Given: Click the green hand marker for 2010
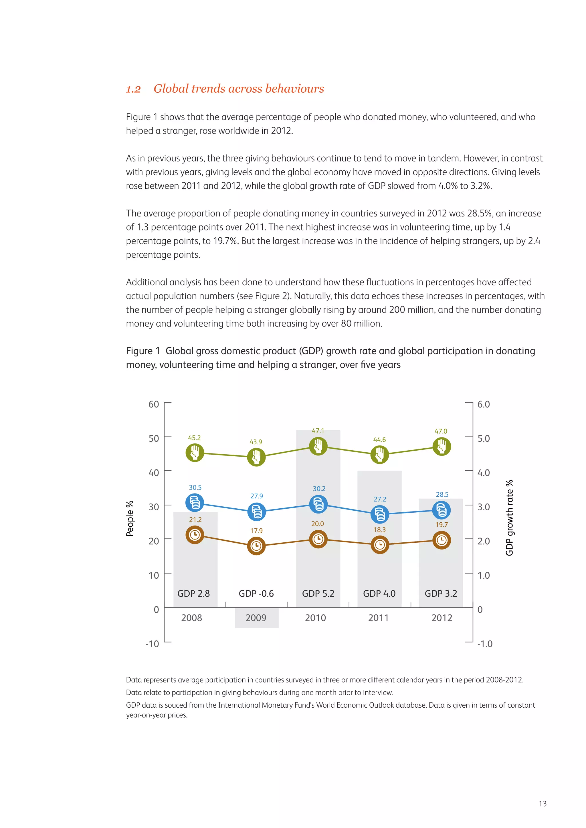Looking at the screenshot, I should tap(318, 447).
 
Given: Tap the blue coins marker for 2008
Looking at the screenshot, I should tap(195, 503).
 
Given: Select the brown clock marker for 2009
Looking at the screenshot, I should tap(256, 546).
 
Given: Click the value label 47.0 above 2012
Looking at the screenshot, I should tap(441, 431).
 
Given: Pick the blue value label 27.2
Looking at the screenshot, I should tap(380, 499).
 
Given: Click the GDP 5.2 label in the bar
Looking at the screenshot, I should tap(318, 594).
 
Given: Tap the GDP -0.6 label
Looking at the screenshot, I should tap(256, 594).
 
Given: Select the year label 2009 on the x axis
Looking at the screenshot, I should tap(256, 618).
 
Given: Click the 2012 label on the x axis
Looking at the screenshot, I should tap(442, 618).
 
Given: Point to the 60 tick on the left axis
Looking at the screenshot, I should tap(154, 404).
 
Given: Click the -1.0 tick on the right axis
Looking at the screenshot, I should tap(485, 644).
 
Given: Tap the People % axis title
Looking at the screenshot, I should tap(130, 519).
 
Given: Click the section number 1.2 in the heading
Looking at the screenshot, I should tap(133, 89).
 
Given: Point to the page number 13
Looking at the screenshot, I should tap(542, 803).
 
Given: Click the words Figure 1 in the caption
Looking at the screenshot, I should tap(143, 351).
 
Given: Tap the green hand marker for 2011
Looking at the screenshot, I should tap(380, 454).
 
